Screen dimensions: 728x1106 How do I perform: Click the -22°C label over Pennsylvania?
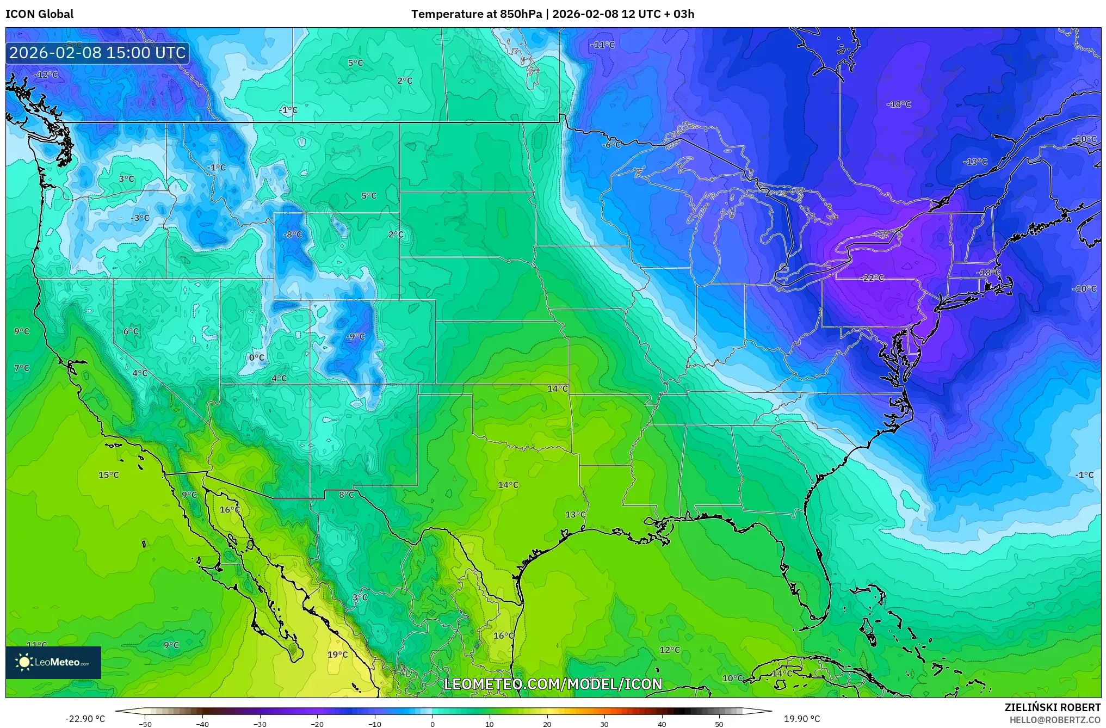coord(873,278)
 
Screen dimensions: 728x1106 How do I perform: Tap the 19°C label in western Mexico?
coord(337,655)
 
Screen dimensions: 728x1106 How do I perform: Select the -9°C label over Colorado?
coord(355,337)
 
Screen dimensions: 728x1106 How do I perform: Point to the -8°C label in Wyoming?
coord(293,235)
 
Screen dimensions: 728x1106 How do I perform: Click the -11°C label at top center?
coord(602,45)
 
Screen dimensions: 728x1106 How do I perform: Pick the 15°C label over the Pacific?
coord(108,475)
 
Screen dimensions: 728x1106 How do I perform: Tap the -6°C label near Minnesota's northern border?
coord(611,145)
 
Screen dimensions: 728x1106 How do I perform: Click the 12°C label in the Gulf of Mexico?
coord(670,650)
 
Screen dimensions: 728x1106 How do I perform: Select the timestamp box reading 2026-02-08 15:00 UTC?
coord(97,53)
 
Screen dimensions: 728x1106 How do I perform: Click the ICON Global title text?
coord(39,14)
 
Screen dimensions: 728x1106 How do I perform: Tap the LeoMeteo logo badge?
coord(53,662)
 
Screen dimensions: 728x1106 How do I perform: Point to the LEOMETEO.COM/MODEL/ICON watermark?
coord(553,684)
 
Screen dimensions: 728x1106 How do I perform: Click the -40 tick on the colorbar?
coord(202,724)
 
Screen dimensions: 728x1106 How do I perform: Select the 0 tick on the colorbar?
coord(432,724)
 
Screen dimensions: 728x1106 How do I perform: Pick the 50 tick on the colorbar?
coord(719,724)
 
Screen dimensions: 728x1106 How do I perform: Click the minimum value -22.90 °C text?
coord(85,719)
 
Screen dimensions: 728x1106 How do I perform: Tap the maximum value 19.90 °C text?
coord(801,719)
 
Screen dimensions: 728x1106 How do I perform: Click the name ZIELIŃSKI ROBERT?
coord(1052,707)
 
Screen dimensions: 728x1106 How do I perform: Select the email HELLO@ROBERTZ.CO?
coord(1055,720)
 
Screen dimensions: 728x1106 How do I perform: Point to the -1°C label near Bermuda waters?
coord(1084,475)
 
